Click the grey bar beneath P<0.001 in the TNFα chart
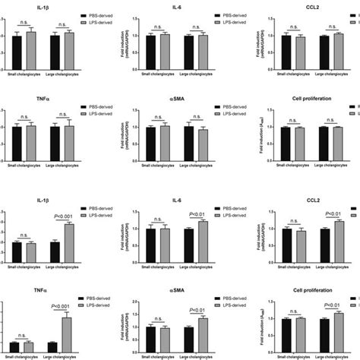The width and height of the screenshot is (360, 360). click(x=67, y=333)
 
